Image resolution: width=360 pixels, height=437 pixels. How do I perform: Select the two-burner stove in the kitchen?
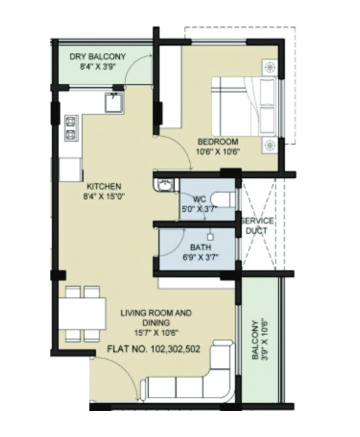[70, 129]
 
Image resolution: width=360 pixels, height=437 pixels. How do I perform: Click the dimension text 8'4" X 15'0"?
[104, 196]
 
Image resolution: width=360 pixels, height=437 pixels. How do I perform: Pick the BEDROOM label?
[218, 142]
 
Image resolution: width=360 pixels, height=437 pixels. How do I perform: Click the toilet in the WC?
[221, 199]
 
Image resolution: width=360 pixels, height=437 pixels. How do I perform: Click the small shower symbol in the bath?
[211, 235]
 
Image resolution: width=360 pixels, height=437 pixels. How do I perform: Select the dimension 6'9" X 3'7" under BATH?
[200, 258]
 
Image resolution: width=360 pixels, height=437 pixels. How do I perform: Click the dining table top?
[84, 314]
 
